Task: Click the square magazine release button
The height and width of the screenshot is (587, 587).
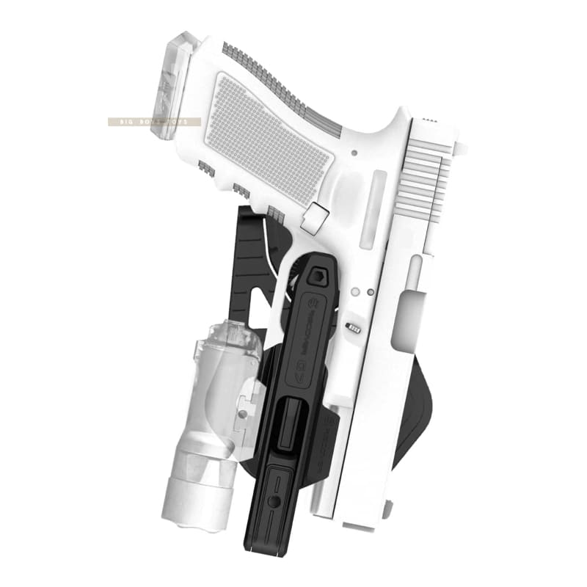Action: (x=316, y=219)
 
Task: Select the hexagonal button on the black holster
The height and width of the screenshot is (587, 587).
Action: (x=318, y=276)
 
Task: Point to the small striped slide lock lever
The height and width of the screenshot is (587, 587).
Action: (x=354, y=325)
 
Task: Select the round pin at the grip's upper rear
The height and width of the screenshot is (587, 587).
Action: (x=354, y=153)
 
